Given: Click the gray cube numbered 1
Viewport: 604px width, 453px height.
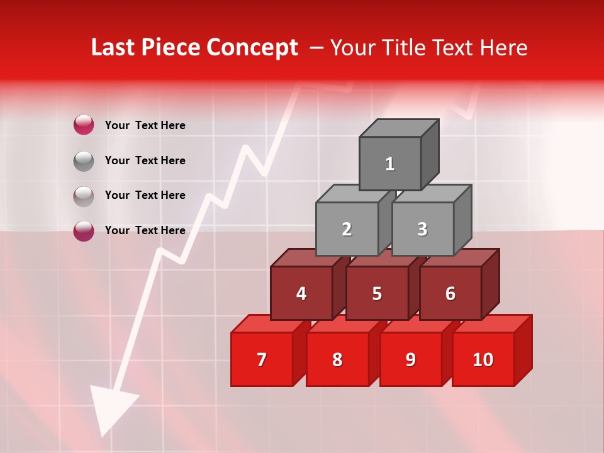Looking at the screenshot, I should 390,164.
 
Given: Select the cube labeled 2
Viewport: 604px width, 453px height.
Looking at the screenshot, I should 347,229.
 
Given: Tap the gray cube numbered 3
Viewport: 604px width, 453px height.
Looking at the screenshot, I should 422,229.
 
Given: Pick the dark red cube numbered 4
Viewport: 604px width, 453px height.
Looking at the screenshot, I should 301,293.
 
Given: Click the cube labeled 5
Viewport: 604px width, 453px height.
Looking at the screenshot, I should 377,293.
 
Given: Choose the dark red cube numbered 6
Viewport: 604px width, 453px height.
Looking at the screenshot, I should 450,293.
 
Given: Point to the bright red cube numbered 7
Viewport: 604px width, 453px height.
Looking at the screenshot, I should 262,359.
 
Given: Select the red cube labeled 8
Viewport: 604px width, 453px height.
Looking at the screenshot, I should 337,359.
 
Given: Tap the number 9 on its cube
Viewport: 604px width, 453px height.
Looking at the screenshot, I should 410,359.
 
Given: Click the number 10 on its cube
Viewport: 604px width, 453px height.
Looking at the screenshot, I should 483,359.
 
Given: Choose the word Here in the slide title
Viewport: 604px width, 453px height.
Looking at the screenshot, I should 503,48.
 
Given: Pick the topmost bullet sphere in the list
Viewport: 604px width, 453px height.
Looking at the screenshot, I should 84,125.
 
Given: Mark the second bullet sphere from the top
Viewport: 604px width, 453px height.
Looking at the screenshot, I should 84,160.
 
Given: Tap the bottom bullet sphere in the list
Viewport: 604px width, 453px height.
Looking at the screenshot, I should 84,230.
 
